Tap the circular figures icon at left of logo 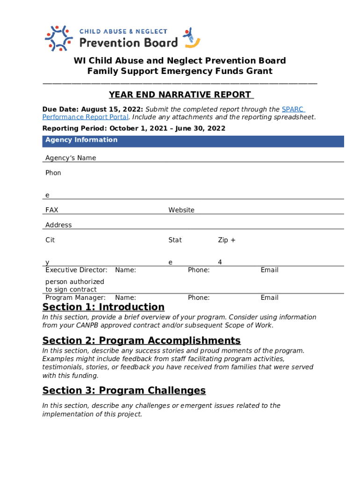(58, 38)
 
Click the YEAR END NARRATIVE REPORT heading (180, 95)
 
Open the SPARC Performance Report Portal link (85, 117)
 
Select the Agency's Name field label (71, 158)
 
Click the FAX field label (52, 210)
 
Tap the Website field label (181, 210)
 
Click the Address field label (58, 225)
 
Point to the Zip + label (227, 240)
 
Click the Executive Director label (76, 270)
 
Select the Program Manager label (75, 298)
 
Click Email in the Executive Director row (269, 270)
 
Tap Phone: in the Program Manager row (199, 298)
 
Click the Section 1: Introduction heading (103, 307)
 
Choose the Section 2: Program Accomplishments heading (141, 340)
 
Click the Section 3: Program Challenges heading (124, 390)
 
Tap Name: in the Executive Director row (125, 270)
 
